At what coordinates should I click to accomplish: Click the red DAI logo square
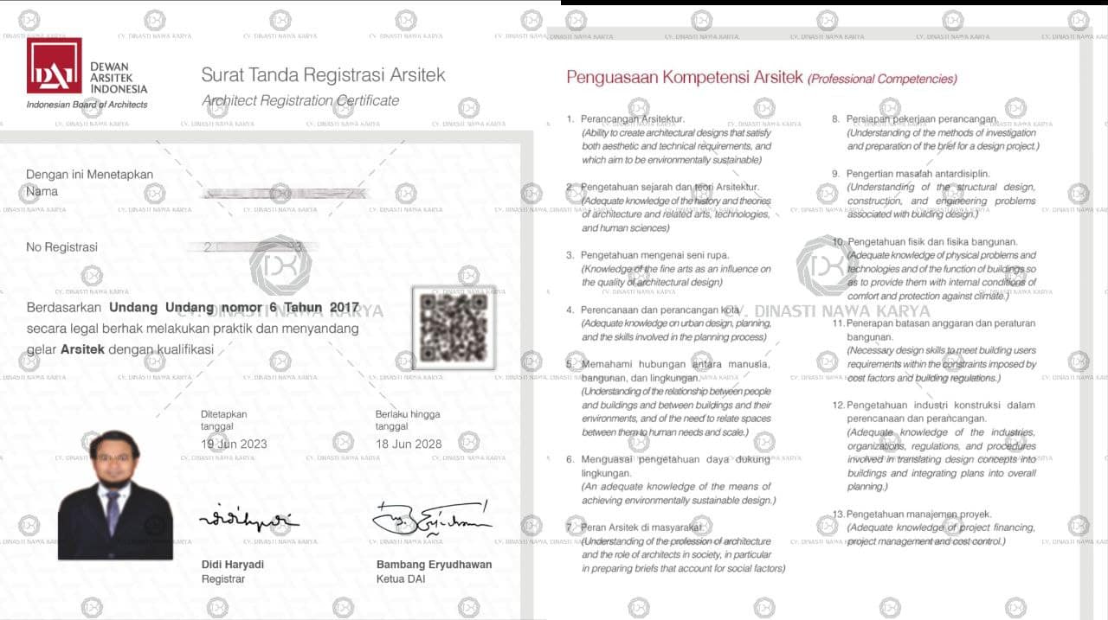coord(54,66)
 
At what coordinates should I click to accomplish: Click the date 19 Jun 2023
coord(234,444)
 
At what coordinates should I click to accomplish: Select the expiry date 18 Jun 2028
coord(409,444)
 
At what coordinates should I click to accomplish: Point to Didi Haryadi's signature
coord(248,520)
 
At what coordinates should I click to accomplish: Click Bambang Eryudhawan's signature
coord(431,517)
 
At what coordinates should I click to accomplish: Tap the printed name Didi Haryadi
coord(233,565)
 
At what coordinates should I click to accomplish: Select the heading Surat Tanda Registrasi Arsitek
coord(323,75)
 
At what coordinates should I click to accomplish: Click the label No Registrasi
coord(61,247)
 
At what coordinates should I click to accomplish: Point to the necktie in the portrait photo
coord(113,510)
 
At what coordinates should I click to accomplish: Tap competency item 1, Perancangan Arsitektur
coord(632,119)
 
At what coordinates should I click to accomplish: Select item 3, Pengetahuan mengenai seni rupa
coord(654,255)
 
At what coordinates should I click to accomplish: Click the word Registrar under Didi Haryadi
coord(222,578)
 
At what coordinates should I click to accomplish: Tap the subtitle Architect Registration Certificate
coord(300,100)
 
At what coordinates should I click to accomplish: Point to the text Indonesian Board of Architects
coord(87,105)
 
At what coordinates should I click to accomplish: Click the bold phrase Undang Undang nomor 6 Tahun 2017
coord(234,307)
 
